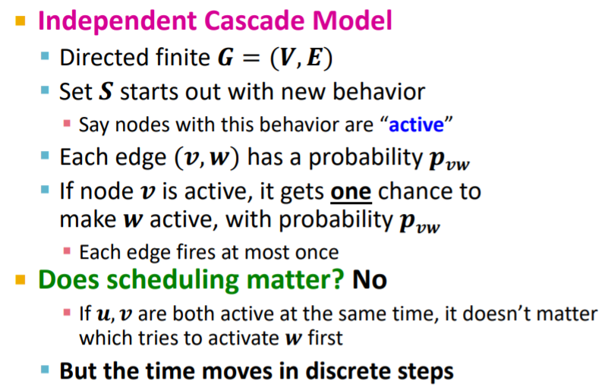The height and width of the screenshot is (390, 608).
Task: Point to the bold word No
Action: point(370,280)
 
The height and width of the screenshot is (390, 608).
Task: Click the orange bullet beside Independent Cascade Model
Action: point(20,18)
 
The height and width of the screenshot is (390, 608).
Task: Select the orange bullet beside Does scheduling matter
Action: point(20,279)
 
